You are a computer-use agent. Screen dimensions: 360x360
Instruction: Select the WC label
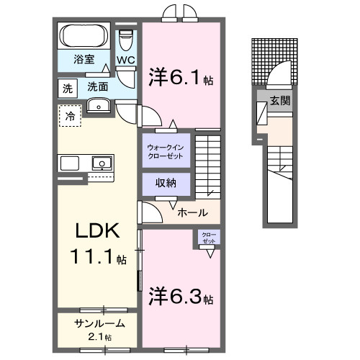pyautogui.click(x=126, y=60)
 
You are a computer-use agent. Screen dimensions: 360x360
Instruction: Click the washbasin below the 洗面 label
pyautogui.click(x=97, y=107)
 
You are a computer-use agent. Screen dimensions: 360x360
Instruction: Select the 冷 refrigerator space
pyautogui.click(x=71, y=115)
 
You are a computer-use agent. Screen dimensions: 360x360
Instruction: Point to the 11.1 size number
pyautogui.click(x=91, y=255)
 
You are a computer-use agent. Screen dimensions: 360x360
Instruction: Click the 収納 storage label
pyautogui.click(x=166, y=182)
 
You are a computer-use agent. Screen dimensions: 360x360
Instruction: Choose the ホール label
pyautogui.click(x=192, y=212)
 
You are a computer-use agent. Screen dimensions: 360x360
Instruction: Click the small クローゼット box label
pyautogui.click(x=207, y=238)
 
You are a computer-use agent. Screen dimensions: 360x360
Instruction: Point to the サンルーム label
pyautogui.click(x=99, y=324)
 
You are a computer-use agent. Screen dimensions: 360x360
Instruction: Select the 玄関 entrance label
pyautogui.click(x=281, y=101)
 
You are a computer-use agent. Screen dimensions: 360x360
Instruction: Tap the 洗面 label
pyautogui.click(x=99, y=86)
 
